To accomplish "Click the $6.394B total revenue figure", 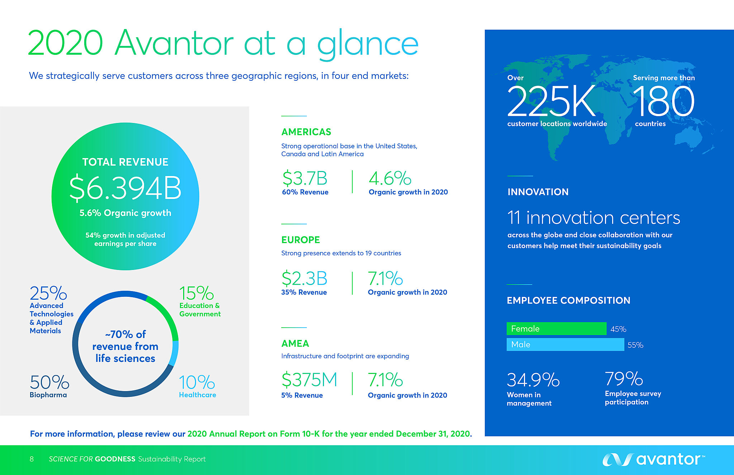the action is pyautogui.click(x=125, y=187).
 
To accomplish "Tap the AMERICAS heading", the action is pyautogui.click(x=306, y=132).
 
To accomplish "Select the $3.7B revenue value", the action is pyautogui.click(x=305, y=178).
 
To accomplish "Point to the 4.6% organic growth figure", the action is pyautogui.click(x=390, y=178).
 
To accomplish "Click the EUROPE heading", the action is pyautogui.click(x=300, y=240).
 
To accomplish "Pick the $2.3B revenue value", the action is pyautogui.click(x=304, y=279).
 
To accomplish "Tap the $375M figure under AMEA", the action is pyautogui.click(x=309, y=380).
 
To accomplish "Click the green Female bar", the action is pyautogui.click(x=556, y=329).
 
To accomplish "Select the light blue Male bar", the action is pyautogui.click(x=565, y=345).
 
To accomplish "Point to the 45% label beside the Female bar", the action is pyautogui.click(x=618, y=329).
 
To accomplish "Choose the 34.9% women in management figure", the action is pyautogui.click(x=533, y=380).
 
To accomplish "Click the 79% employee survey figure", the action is pyautogui.click(x=624, y=379).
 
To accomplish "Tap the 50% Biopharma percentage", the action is pyautogui.click(x=49, y=382).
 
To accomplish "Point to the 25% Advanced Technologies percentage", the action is pyautogui.click(x=48, y=293).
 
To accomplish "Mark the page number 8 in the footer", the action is pyautogui.click(x=32, y=459).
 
